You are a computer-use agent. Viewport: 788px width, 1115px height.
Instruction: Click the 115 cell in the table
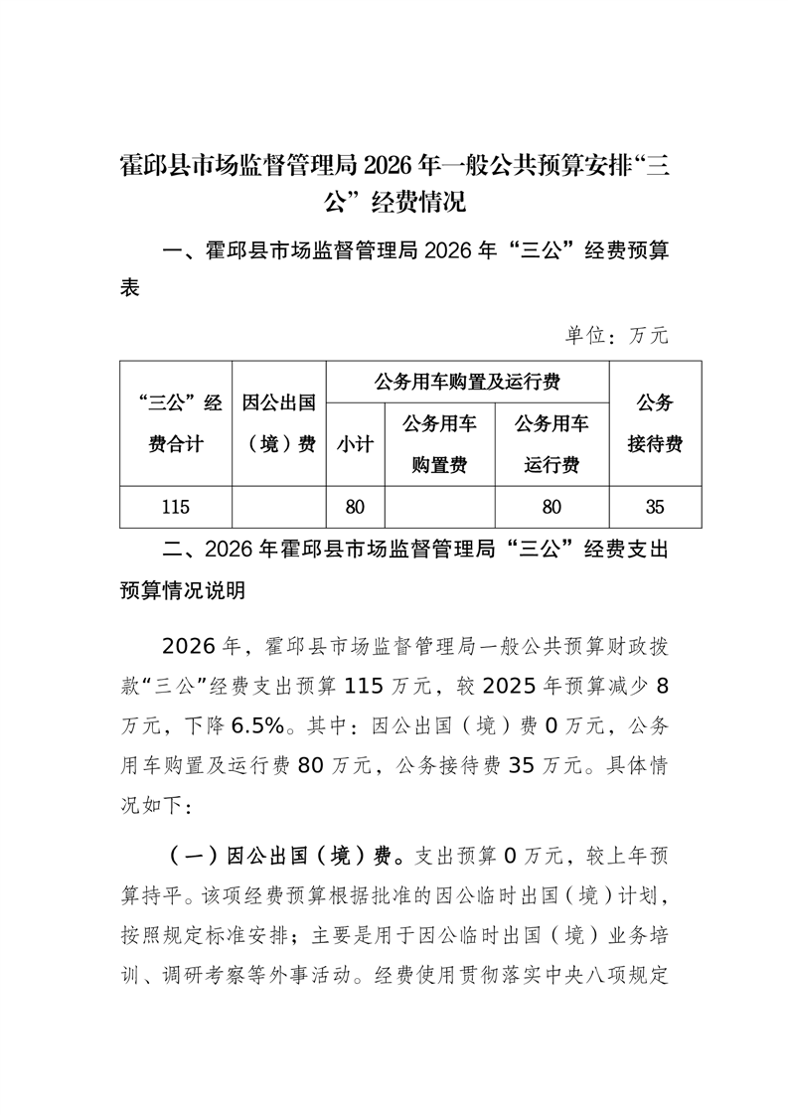[174, 507]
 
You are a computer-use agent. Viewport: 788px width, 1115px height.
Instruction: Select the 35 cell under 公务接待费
[654, 507]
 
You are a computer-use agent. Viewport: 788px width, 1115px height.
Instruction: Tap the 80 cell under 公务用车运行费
[552, 507]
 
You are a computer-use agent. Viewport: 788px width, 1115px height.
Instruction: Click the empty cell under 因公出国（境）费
[278, 507]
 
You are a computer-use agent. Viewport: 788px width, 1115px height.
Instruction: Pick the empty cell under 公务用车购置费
[439, 507]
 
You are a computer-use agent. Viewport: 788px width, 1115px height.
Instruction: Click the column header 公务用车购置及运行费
[467, 382]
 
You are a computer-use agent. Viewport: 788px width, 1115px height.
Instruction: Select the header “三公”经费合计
[174, 423]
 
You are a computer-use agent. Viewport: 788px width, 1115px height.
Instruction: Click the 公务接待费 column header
[654, 423]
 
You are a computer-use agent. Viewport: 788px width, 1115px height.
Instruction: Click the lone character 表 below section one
[130, 289]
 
